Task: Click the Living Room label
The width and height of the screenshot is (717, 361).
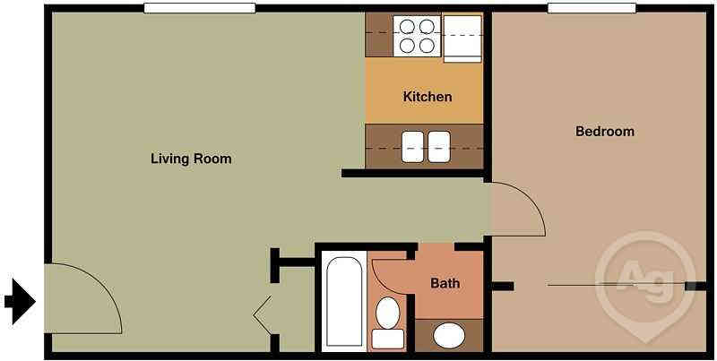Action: point(190,159)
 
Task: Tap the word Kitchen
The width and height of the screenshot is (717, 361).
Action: point(428,97)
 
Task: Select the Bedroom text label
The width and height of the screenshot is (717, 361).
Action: point(604,132)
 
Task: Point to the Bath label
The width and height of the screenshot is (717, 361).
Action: point(445,284)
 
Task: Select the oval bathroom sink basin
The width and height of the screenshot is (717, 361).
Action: point(448,336)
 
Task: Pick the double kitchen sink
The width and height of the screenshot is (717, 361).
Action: point(426,146)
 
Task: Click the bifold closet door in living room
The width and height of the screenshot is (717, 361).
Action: point(264,314)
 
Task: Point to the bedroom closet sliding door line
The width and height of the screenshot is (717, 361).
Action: point(618,286)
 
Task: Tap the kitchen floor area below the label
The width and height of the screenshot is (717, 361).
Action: point(423,114)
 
